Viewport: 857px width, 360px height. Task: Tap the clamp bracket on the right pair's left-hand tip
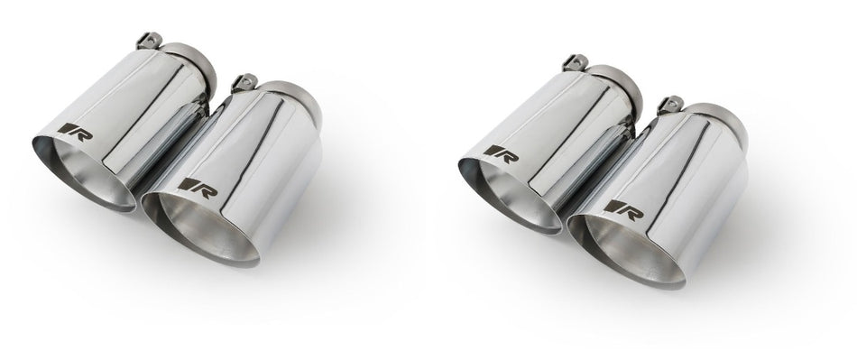pyautogui.click(x=571, y=61)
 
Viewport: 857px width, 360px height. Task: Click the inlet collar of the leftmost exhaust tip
pyautogui.click(x=199, y=60)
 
